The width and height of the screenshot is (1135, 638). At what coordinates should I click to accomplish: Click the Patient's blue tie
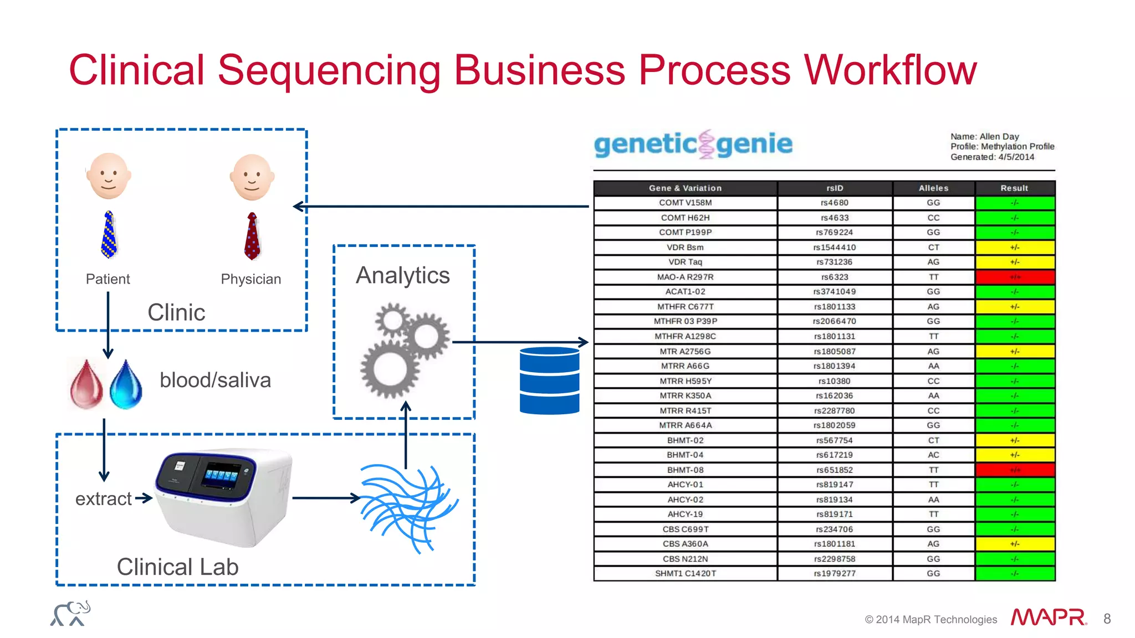(109, 234)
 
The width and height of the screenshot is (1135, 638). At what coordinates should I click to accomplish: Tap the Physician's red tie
(252, 236)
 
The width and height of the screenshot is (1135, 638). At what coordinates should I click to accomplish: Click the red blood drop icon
(86, 385)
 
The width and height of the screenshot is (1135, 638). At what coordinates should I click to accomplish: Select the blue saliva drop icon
(126, 385)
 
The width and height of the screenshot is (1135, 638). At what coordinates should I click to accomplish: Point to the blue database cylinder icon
(549, 380)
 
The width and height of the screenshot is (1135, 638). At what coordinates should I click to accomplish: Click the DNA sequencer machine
(222, 496)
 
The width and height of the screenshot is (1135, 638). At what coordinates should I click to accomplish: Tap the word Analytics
(403, 275)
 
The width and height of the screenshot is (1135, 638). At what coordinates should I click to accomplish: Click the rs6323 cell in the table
(834, 277)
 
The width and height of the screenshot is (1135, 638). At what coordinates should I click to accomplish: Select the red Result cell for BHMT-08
(1015, 470)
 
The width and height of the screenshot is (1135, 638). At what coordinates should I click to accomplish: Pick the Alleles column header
(933, 188)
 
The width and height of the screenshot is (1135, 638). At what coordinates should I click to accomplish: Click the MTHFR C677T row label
(685, 306)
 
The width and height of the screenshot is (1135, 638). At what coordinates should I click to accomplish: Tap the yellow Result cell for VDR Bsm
(1015, 248)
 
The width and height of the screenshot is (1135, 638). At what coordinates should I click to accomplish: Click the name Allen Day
(999, 136)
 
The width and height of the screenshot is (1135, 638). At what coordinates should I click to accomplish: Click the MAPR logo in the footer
(1048, 618)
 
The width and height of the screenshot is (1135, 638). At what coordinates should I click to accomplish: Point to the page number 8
(1107, 619)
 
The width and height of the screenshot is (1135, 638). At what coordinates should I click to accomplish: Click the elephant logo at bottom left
(70, 614)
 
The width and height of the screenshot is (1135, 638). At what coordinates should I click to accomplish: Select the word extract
(103, 498)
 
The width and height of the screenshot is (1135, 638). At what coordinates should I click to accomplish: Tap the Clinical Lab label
(177, 567)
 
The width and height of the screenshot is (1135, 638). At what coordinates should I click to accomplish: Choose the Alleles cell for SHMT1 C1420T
(933, 573)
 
